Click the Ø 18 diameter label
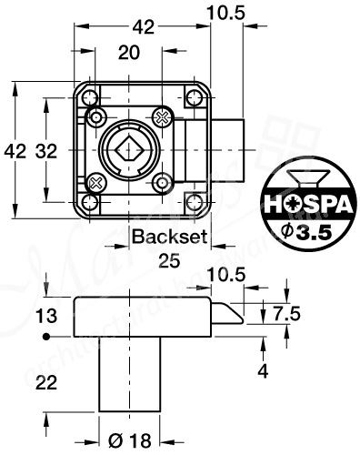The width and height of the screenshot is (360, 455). pos(129,442)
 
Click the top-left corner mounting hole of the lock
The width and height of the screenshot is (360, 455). pos(90,97)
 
